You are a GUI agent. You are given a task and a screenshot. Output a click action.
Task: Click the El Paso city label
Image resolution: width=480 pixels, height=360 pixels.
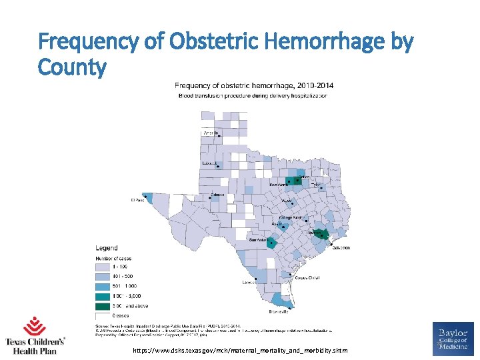point(137,199)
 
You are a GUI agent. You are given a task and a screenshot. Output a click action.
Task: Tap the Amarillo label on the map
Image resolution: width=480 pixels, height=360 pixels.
point(210,133)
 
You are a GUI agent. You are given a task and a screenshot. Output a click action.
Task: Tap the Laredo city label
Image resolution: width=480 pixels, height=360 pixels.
point(248,282)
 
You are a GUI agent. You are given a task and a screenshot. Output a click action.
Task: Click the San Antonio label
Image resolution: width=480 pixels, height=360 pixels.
point(259,239)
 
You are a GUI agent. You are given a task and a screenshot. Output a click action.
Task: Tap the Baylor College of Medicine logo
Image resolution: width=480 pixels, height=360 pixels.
point(453,338)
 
